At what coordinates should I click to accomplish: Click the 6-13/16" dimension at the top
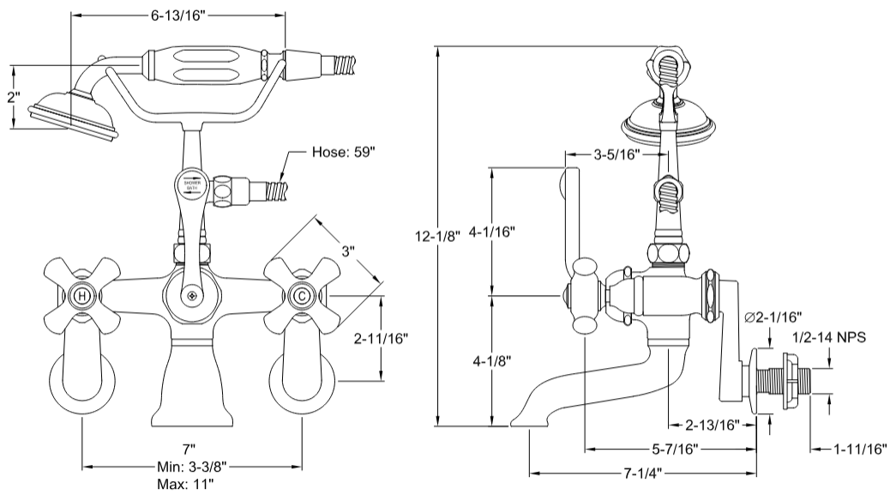point(177,15)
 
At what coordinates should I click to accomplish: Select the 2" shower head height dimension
point(12,98)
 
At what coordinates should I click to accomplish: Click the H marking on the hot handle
point(81,296)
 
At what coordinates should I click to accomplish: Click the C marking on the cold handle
point(302,296)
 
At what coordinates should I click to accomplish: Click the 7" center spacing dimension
point(189,450)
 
